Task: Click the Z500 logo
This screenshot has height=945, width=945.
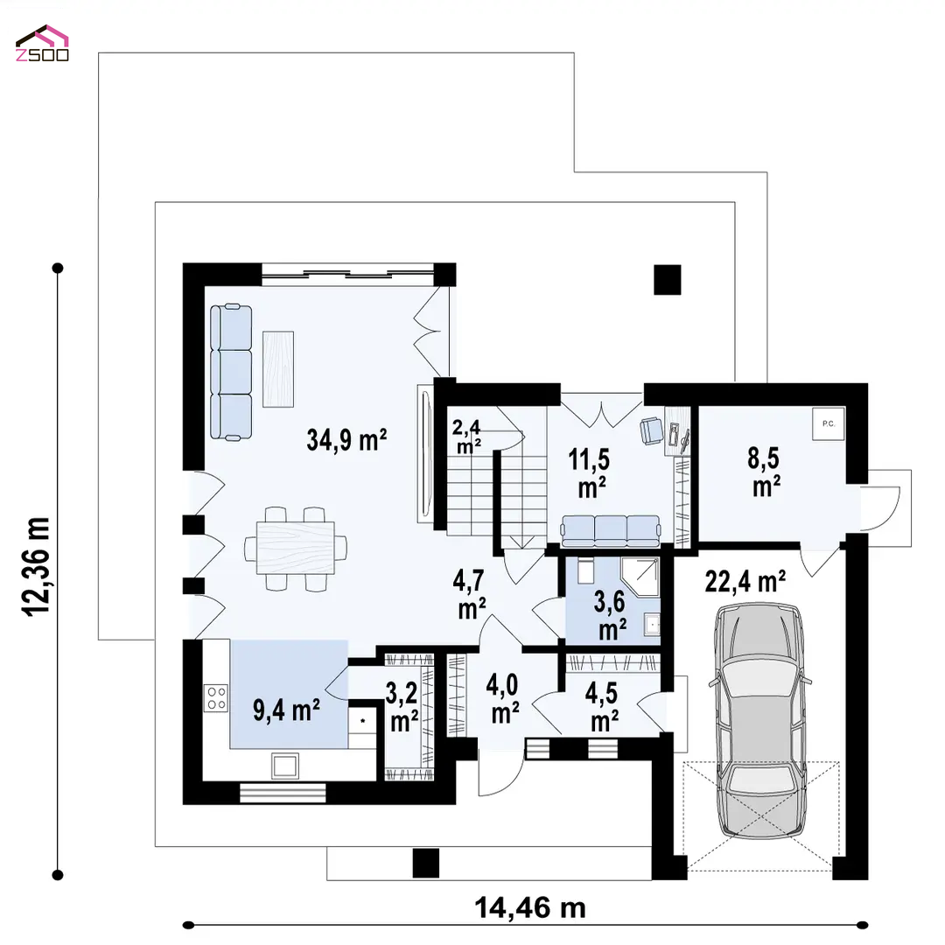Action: [x=42, y=44]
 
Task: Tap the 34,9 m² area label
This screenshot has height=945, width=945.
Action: [x=346, y=440]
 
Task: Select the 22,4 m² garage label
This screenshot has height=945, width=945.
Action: [x=745, y=582]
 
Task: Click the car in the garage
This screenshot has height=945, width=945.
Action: [x=759, y=720]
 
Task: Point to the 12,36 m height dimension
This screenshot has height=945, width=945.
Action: [x=36, y=566]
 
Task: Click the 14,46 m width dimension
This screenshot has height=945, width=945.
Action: [x=529, y=907]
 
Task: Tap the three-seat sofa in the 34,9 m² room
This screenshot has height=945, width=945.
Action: [x=231, y=373]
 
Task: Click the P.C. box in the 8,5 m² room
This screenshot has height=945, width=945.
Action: [x=828, y=423]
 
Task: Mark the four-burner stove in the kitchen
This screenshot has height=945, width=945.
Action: [x=216, y=698]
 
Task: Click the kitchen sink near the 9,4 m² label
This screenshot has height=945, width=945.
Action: [x=284, y=766]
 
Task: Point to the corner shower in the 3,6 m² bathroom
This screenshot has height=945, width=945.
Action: [x=640, y=577]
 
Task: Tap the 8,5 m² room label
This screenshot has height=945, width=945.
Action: [x=764, y=472]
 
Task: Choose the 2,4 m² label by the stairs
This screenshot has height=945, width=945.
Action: [x=467, y=437]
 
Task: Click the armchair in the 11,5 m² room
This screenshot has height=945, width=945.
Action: [x=651, y=430]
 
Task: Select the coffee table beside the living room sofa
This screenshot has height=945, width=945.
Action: [x=278, y=369]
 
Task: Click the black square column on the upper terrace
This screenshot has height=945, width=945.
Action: [x=667, y=280]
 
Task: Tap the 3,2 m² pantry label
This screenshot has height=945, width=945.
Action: [x=402, y=707]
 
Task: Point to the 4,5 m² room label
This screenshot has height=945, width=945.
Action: [x=602, y=707]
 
